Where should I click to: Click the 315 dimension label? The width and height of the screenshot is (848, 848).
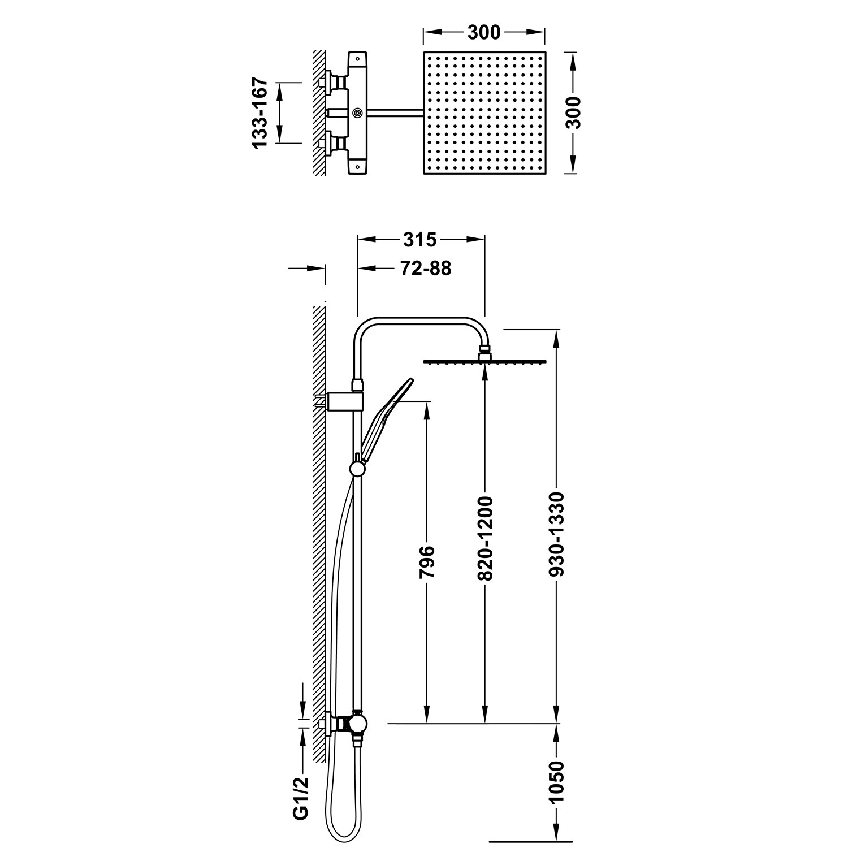point(419,240)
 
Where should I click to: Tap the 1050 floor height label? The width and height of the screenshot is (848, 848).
point(557,782)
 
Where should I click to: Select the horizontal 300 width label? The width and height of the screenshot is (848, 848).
point(484,33)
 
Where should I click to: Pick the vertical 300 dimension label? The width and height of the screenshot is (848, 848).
point(574,113)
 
